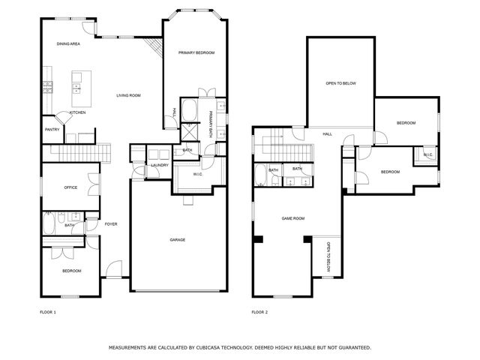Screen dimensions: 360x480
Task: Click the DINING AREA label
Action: [x=68, y=44]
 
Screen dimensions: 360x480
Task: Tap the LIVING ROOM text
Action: [x=128, y=95]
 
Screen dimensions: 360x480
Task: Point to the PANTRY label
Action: [x=52, y=130]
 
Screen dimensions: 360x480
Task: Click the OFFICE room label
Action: [x=70, y=187]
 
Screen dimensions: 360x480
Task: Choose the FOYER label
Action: [x=111, y=224]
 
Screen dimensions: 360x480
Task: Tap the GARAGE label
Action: [x=177, y=240]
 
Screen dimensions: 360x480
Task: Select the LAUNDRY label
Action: [x=159, y=165]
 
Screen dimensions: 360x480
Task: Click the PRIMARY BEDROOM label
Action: [x=196, y=52]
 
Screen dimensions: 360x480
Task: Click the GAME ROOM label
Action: [x=292, y=218]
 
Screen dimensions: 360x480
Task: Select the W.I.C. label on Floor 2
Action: [x=427, y=155]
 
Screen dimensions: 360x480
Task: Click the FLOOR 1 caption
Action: [x=47, y=312]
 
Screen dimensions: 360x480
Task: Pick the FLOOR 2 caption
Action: [x=259, y=312]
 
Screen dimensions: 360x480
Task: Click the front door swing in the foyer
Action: [x=112, y=267]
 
